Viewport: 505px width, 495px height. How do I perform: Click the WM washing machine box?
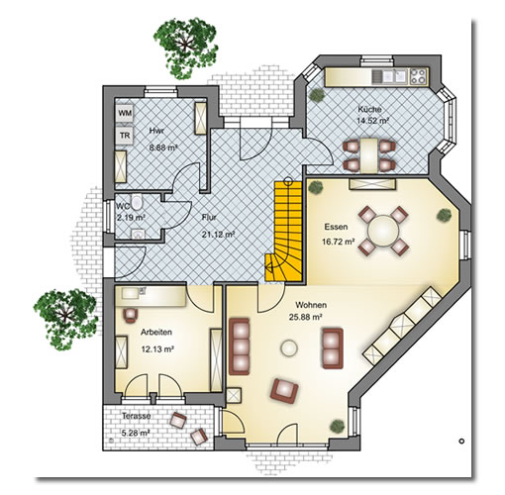(125, 113)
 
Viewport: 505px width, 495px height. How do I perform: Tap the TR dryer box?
(125, 136)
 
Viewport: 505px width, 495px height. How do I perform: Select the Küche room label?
(369, 109)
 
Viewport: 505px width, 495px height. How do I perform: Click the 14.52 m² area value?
(372, 121)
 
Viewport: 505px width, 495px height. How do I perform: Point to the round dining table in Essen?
(383, 230)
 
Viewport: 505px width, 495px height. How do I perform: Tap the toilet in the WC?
(136, 202)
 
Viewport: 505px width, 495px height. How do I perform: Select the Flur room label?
(209, 218)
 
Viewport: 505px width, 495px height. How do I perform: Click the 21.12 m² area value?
(218, 235)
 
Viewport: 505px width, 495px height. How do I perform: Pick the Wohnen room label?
(311, 305)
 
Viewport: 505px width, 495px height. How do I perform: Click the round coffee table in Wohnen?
(289, 348)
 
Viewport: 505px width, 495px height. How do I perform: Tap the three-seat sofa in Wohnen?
(239, 346)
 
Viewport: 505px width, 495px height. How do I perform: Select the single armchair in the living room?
(284, 391)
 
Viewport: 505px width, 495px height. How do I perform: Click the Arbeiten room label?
(156, 332)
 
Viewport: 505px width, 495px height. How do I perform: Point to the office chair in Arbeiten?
(131, 315)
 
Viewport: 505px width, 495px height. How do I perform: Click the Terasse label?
(137, 416)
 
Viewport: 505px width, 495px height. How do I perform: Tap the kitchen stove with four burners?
(419, 76)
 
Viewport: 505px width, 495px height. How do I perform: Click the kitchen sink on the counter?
(390, 76)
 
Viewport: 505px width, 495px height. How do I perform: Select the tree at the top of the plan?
(187, 49)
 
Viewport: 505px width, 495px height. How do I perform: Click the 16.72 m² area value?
(339, 242)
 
